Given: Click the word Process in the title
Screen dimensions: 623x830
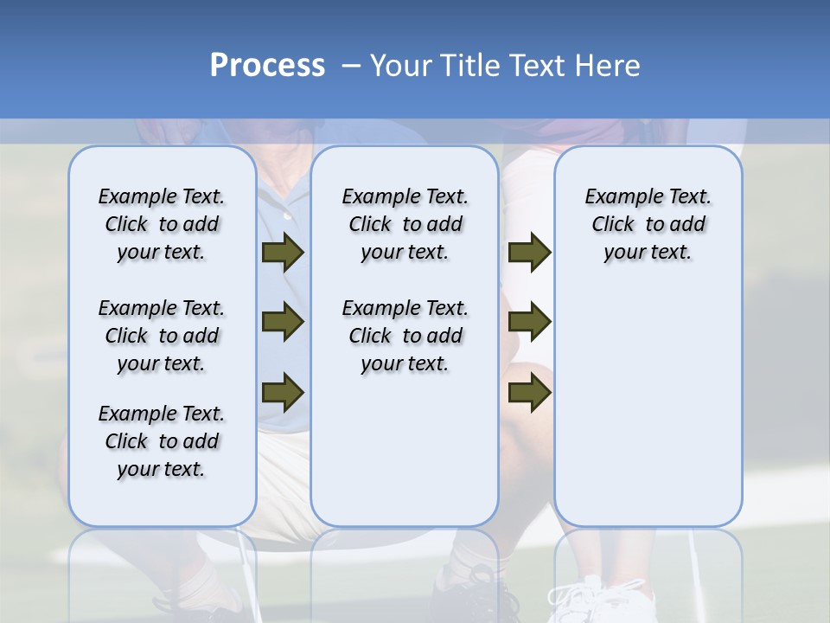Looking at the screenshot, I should tap(267, 66).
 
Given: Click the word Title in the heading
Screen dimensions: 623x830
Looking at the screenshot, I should tap(473, 66).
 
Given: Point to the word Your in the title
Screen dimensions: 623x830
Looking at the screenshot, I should tap(402, 66).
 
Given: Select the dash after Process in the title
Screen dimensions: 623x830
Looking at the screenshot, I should tap(350, 67).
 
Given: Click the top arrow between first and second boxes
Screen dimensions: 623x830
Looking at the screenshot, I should tap(283, 253).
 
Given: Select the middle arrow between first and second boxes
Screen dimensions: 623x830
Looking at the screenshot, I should tap(283, 322).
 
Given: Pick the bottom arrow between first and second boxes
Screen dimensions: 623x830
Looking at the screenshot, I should tap(283, 391).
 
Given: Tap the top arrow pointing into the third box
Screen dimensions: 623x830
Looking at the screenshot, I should tap(529, 253).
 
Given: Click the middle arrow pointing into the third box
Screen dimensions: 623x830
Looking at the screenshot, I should tap(529, 322).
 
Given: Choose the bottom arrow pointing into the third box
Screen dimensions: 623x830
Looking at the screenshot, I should tap(529, 391).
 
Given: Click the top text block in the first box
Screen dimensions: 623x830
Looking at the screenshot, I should tap(162, 224).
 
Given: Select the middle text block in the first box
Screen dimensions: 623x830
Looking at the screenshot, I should tap(162, 336).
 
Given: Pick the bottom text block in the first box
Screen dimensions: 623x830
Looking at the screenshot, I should tap(162, 441).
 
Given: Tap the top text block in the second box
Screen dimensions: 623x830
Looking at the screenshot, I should tap(405, 224).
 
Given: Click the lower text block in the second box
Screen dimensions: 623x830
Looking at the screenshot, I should tap(405, 336).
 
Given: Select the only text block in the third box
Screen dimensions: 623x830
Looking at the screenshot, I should tap(648, 224).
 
